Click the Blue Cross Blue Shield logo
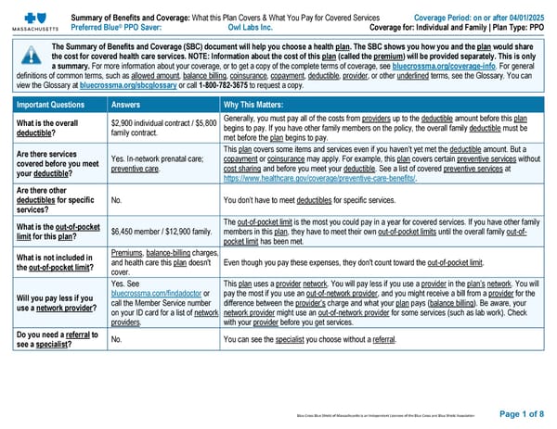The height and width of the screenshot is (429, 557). pos(31,16)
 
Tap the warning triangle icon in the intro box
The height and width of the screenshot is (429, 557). pos(29,57)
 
